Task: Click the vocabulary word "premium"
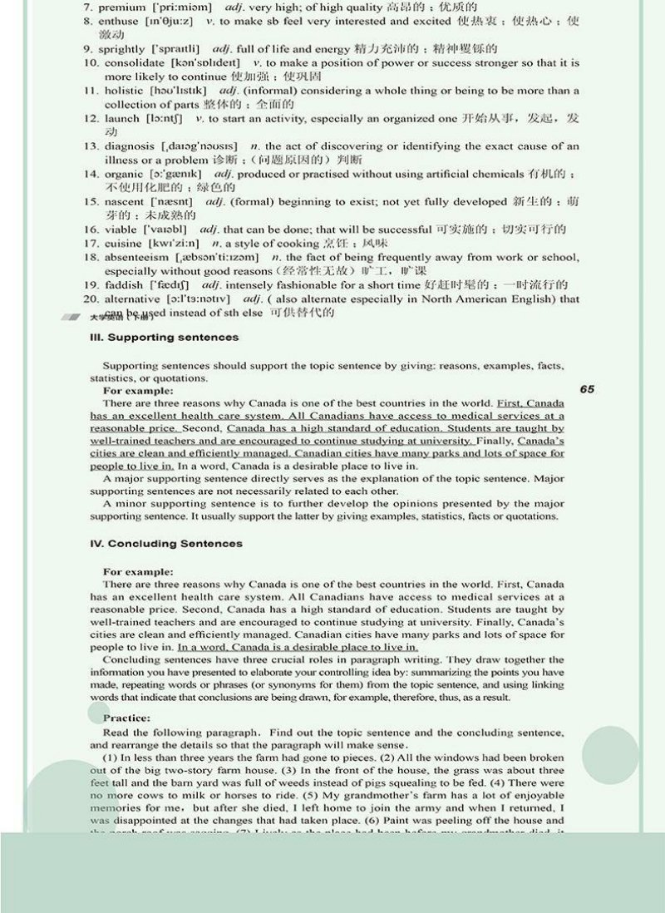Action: (125, 7)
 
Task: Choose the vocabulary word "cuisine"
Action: (124, 243)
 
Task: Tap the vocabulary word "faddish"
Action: (124, 285)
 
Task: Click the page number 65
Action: (588, 389)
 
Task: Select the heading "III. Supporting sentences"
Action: (164, 338)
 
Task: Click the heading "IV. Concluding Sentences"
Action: (166, 544)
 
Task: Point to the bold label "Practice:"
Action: (126, 718)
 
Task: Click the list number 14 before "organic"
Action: (91, 175)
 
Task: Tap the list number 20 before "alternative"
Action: (91, 299)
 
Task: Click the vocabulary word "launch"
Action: (122, 119)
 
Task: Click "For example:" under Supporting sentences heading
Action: (138, 390)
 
